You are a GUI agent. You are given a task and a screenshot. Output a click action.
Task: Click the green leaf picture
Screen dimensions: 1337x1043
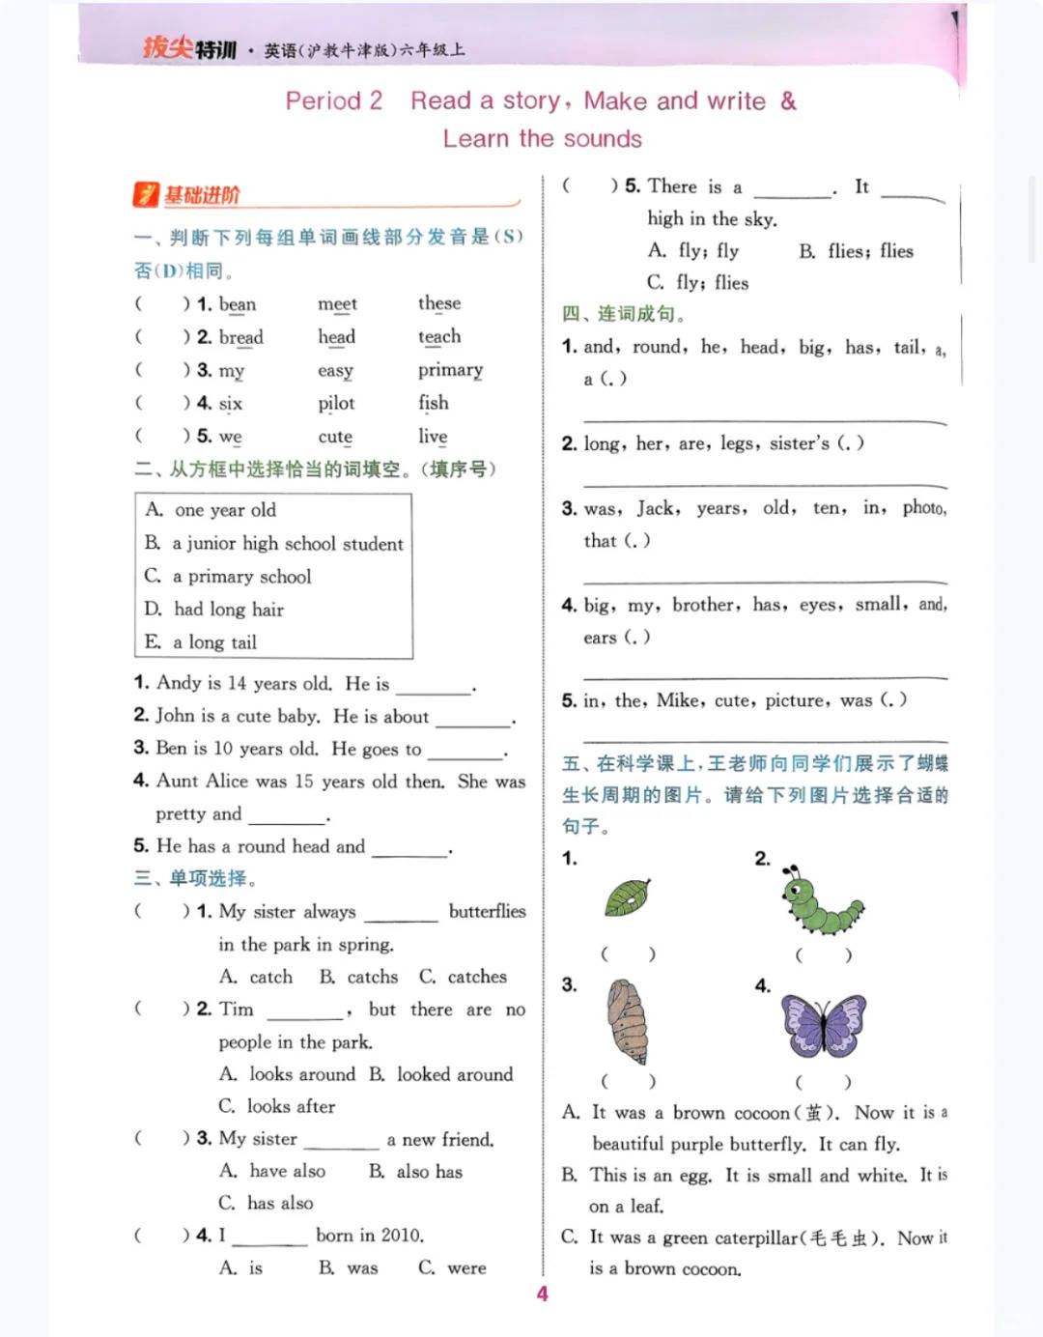tap(627, 897)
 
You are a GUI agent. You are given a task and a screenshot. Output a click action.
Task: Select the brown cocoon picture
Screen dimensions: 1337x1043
tap(628, 1021)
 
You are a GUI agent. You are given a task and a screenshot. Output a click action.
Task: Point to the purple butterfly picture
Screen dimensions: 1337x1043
tap(823, 1025)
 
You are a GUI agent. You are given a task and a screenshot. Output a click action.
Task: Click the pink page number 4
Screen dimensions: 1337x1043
tap(542, 1294)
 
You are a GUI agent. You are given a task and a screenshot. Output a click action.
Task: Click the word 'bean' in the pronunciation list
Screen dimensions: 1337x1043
tap(238, 304)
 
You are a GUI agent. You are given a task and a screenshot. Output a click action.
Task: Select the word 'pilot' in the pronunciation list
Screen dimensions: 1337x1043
tap(336, 403)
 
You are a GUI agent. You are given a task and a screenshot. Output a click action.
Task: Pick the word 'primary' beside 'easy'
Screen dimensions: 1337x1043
tap(450, 370)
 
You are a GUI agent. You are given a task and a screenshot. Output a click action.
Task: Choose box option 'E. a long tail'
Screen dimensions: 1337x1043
tap(201, 642)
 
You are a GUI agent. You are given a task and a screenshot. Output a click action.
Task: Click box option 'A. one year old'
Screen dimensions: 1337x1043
tap(211, 510)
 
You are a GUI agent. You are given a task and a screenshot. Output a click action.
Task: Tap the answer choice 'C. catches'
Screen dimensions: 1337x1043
tap(463, 977)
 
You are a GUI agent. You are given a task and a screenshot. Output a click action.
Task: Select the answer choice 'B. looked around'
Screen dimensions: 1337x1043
tap(440, 1074)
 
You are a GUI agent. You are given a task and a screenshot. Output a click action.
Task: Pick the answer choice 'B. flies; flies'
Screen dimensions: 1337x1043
tap(856, 251)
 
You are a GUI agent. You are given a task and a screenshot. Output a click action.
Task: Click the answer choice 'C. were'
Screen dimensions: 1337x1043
tap(452, 1267)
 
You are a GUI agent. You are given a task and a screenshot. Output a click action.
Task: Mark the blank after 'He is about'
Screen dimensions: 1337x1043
tap(473, 718)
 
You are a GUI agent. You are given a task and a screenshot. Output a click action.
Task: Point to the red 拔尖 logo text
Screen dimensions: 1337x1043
tap(167, 47)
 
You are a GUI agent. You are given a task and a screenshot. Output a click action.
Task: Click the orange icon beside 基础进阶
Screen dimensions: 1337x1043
tap(145, 195)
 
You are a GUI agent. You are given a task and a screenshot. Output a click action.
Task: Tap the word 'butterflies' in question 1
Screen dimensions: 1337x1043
tap(487, 911)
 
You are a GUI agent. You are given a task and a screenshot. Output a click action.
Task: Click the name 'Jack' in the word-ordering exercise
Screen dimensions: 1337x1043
tap(657, 508)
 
